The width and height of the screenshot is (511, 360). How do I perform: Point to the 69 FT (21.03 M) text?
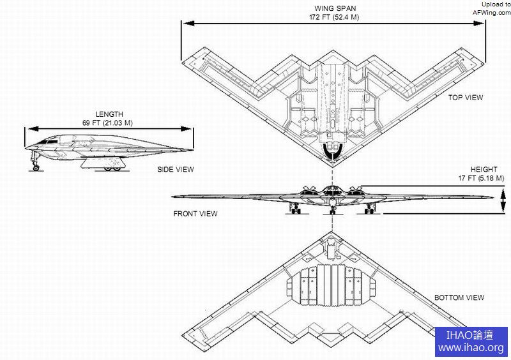[105, 123]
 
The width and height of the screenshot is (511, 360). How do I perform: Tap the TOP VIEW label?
[466, 98]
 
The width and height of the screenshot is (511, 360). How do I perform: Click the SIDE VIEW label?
[176, 170]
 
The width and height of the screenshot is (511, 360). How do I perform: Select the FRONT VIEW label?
[195, 214]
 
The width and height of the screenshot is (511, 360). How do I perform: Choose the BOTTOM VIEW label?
[459, 297]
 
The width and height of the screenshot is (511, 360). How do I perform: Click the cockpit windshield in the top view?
[333, 151]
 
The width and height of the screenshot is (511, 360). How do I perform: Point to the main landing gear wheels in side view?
[113, 167]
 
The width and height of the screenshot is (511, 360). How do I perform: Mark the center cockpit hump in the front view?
[332, 190]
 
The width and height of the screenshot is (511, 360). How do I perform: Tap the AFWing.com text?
[491, 11]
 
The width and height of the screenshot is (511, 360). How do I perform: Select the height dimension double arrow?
[503, 202]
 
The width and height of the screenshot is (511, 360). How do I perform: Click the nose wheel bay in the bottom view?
[332, 243]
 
